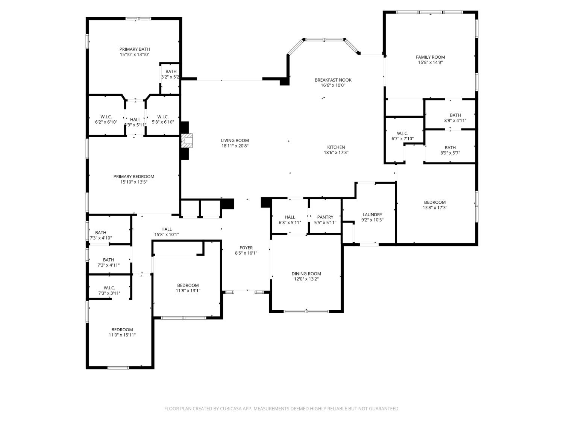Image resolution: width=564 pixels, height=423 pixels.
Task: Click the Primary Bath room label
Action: pos(134,49)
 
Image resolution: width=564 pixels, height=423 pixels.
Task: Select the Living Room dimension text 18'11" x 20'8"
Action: pos(235,146)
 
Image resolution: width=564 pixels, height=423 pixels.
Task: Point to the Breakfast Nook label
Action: pos(333,80)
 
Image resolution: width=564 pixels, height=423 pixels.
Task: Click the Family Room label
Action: pos(430,57)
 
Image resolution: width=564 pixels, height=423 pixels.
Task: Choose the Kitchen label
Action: pos(336,147)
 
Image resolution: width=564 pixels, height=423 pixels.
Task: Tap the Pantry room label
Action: pos(325,217)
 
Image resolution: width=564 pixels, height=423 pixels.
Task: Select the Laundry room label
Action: pos(372,215)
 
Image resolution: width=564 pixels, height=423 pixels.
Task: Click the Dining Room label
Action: pos(306,274)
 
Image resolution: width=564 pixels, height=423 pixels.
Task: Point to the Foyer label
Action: pos(246,248)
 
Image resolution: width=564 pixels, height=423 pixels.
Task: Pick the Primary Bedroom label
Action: pos(133,177)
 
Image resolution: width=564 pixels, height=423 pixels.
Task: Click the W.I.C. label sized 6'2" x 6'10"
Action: pos(106,117)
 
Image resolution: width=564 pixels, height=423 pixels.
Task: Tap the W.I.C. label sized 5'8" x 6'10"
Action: pos(163,117)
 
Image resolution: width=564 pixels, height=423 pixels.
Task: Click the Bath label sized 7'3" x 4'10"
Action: pos(100,233)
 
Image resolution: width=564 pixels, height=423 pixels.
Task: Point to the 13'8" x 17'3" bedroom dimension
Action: pos(435,208)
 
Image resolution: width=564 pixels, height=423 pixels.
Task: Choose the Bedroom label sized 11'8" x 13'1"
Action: pos(188,285)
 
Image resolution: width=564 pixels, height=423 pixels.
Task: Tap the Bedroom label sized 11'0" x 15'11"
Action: pos(122,330)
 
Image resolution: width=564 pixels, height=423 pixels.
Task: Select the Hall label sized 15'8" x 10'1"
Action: pos(166,229)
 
